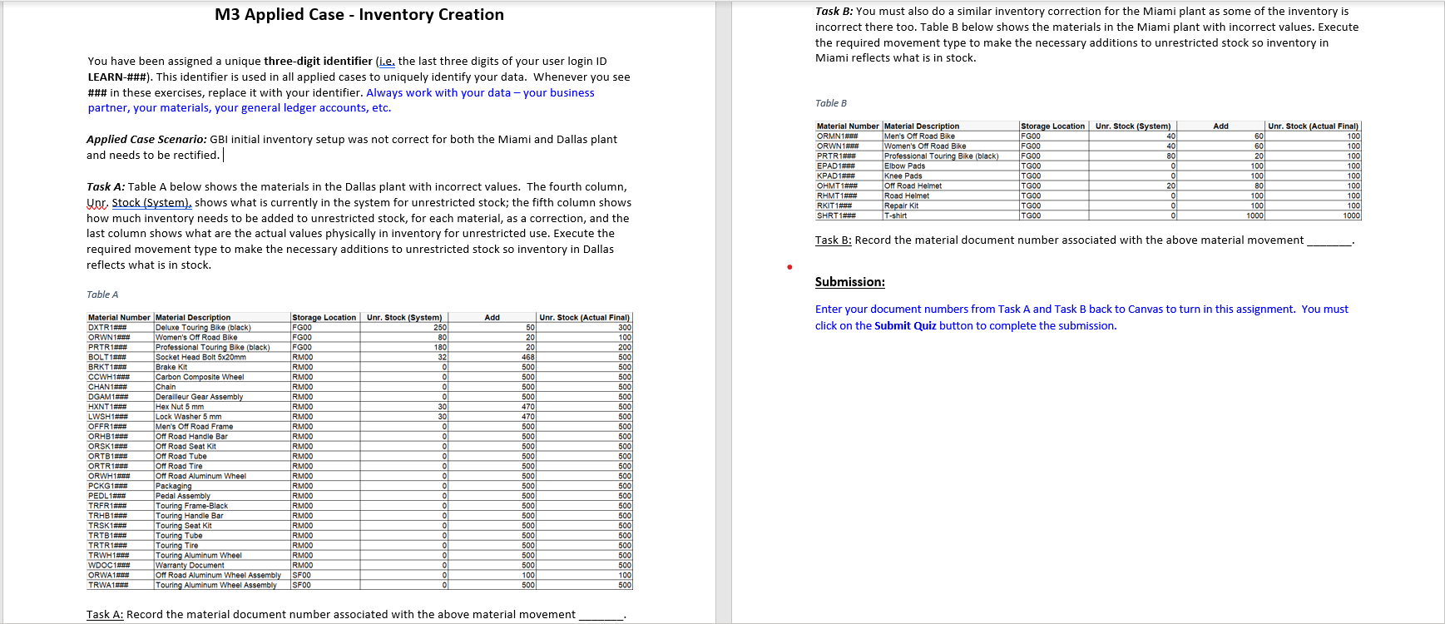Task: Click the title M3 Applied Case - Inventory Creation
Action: click(359, 15)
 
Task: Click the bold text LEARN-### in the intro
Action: click(119, 77)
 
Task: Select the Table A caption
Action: click(102, 295)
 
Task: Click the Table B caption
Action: click(830, 103)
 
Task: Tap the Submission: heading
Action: click(849, 282)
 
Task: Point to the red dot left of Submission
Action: click(789, 267)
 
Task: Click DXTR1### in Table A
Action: click(108, 328)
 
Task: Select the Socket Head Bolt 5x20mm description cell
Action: click(200, 357)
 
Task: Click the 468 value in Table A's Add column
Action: click(528, 357)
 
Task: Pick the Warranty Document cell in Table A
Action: click(190, 565)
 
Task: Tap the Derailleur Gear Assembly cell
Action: click(199, 397)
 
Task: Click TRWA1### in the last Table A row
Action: click(108, 585)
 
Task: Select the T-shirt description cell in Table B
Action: click(895, 215)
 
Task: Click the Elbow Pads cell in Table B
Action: click(904, 166)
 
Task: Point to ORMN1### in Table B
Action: click(837, 136)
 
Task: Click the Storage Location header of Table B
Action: click(1052, 126)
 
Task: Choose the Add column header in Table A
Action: click(492, 318)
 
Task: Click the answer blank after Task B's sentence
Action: click(1329, 240)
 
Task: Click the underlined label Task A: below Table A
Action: click(105, 615)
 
